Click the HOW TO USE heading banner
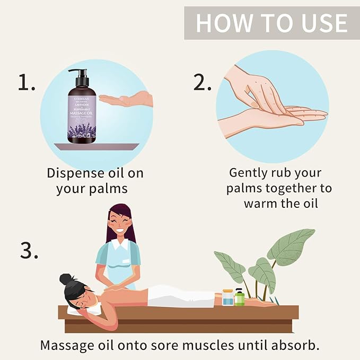pos(271,23)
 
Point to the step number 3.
pos(29,250)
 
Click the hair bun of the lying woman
pos(66,279)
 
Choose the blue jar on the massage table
pos(227,297)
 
